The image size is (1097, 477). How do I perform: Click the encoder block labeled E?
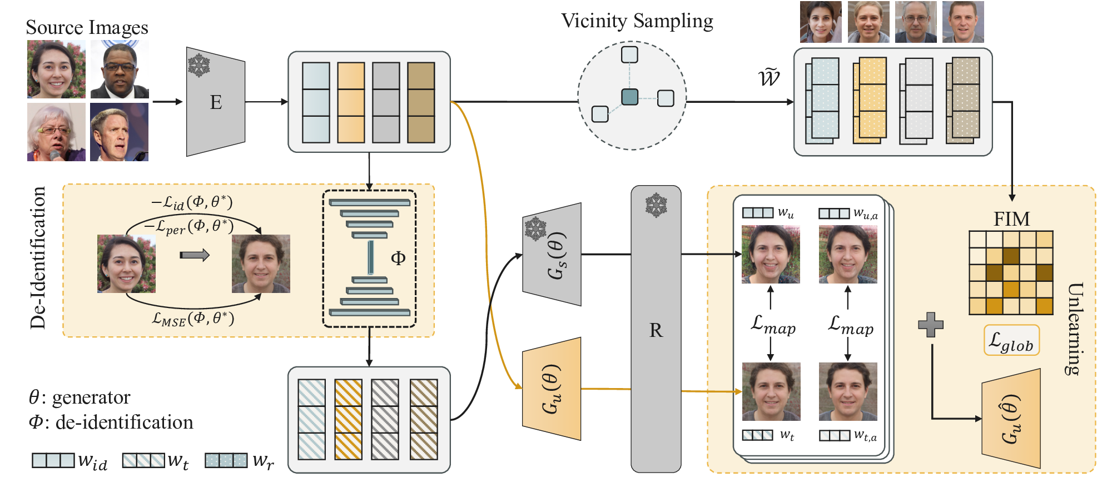216,102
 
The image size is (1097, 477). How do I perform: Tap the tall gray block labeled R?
656,330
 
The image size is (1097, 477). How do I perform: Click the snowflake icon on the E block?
198,65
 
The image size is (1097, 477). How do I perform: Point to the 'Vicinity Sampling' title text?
637,21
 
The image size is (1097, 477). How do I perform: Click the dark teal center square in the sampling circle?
629,97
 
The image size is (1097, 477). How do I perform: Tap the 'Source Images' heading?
87,27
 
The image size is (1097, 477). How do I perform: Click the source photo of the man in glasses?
120,69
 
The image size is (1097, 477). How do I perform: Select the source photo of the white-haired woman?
56,132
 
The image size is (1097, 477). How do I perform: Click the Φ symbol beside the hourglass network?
398,258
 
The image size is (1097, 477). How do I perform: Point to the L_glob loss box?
1011,340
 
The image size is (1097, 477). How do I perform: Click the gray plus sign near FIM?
930,325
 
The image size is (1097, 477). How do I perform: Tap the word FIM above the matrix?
1011,219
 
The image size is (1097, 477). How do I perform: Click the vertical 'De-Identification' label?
38,258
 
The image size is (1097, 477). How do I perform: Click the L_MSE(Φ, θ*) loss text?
193,319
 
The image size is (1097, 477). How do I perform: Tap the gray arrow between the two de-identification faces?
194,255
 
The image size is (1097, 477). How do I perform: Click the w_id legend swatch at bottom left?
53,460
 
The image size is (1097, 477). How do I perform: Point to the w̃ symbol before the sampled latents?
769,77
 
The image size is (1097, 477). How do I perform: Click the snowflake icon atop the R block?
656,205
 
